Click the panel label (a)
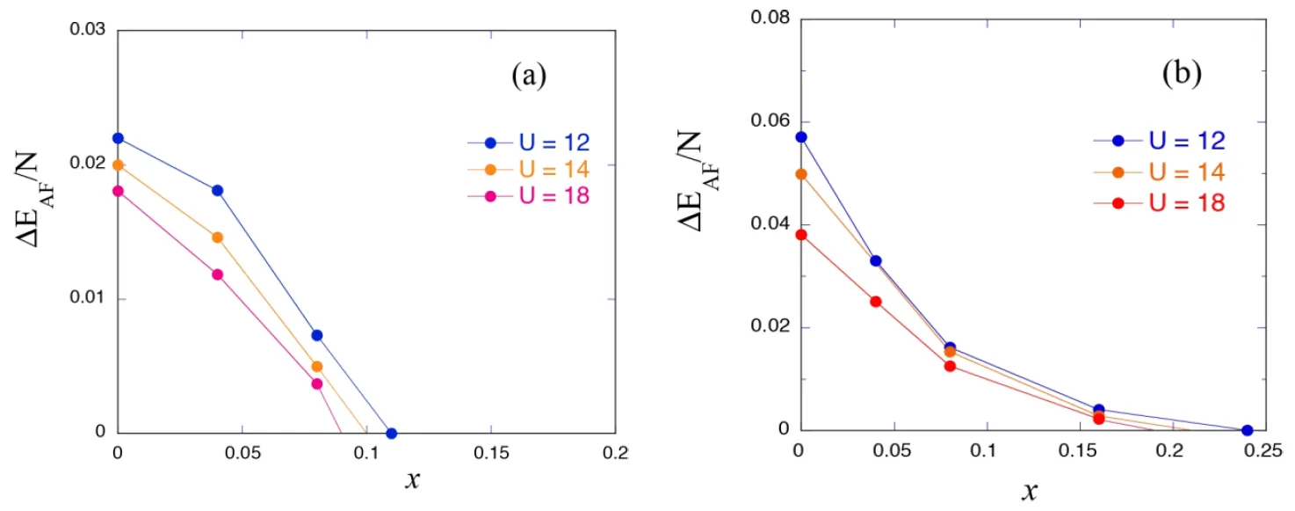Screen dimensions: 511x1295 click(x=529, y=77)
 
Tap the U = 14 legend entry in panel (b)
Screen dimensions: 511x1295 click(x=1187, y=171)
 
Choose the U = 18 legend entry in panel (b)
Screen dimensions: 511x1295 click(x=1187, y=203)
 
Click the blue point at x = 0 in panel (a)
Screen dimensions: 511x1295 click(x=118, y=138)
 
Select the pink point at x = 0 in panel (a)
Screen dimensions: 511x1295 click(x=118, y=191)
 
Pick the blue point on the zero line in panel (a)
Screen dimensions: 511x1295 click(x=391, y=433)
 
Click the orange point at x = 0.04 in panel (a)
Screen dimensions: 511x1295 click(x=218, y=237)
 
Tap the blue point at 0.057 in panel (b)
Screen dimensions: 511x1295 click(x=800, y=136)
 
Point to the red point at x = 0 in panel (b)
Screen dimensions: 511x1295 click(x=800, y=234)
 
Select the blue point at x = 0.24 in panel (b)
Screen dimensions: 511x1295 click(x=1247, y=430)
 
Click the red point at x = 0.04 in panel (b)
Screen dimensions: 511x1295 click(x=875, y=301)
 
